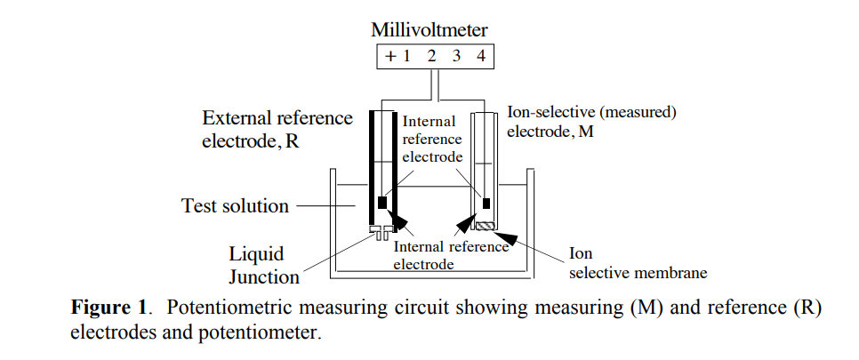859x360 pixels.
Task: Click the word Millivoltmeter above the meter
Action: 429,29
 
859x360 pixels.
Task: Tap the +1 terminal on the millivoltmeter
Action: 397,56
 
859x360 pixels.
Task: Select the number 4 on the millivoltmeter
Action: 480,56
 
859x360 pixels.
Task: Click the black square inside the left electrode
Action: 382,202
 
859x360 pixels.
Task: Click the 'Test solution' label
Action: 236,206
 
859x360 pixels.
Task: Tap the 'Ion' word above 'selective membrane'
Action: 581,253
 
